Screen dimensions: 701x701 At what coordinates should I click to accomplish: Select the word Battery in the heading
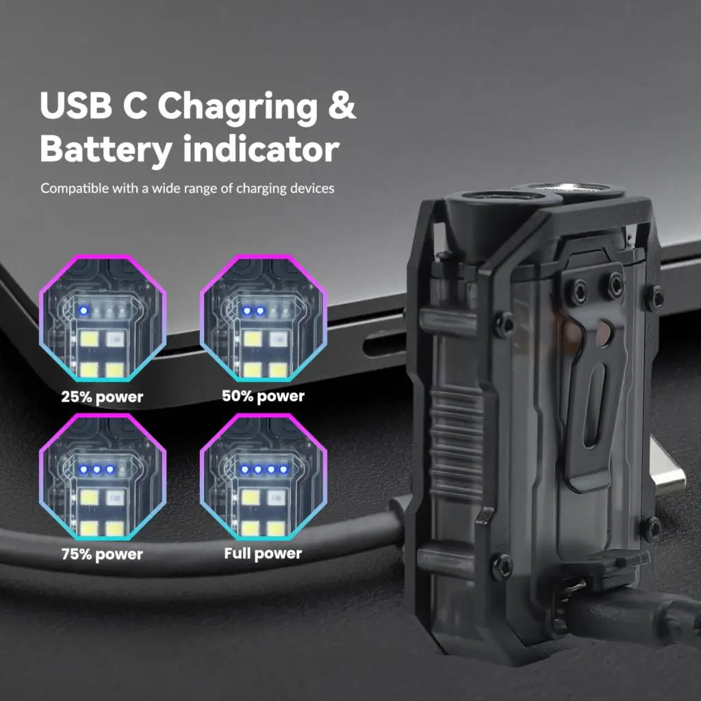coord(103,150)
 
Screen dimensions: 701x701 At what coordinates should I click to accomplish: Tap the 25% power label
coord(102,397)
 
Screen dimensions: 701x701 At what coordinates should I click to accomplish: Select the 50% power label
coord(263,396)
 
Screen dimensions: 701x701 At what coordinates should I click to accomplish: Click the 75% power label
coord(102,554)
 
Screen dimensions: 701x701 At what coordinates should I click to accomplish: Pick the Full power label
coord(263,553)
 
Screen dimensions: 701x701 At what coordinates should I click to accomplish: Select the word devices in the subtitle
coord(312,188)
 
